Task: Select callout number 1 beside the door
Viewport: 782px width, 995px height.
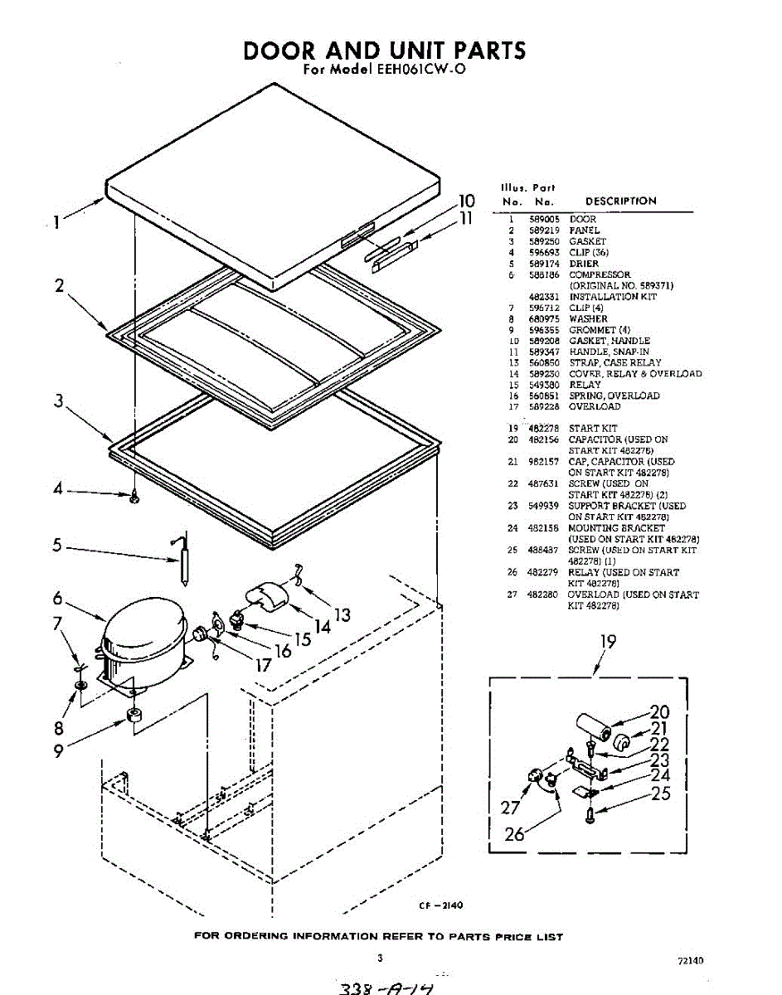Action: (56, 221)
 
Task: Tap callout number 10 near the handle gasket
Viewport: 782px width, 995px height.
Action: (466, 201)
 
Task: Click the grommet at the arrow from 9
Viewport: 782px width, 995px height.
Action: (133, 715)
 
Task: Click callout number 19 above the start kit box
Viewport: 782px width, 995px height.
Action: (608, 641)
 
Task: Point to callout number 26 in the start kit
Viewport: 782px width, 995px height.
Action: (515, 834)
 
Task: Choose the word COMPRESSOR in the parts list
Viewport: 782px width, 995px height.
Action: (600, 274)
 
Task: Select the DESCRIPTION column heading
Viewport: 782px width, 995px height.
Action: (620, 201)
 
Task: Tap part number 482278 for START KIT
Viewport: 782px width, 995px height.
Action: (544, 429)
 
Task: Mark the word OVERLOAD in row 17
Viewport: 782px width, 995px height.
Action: (595, 406)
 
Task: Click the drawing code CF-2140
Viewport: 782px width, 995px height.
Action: (441, 906)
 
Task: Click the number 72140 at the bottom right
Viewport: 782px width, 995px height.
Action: (690, 961)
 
